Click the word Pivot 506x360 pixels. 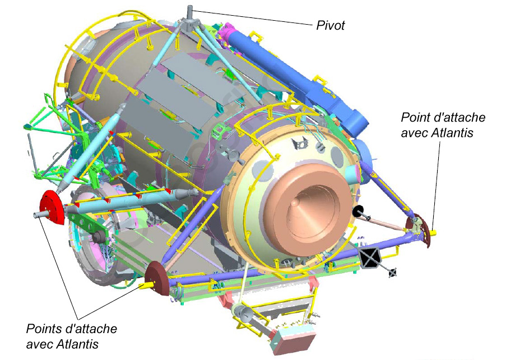click(331, 25)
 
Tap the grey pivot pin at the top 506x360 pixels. click(190, 12)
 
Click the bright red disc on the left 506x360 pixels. click(52, 207)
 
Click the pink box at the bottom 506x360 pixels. click(293, 338)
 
